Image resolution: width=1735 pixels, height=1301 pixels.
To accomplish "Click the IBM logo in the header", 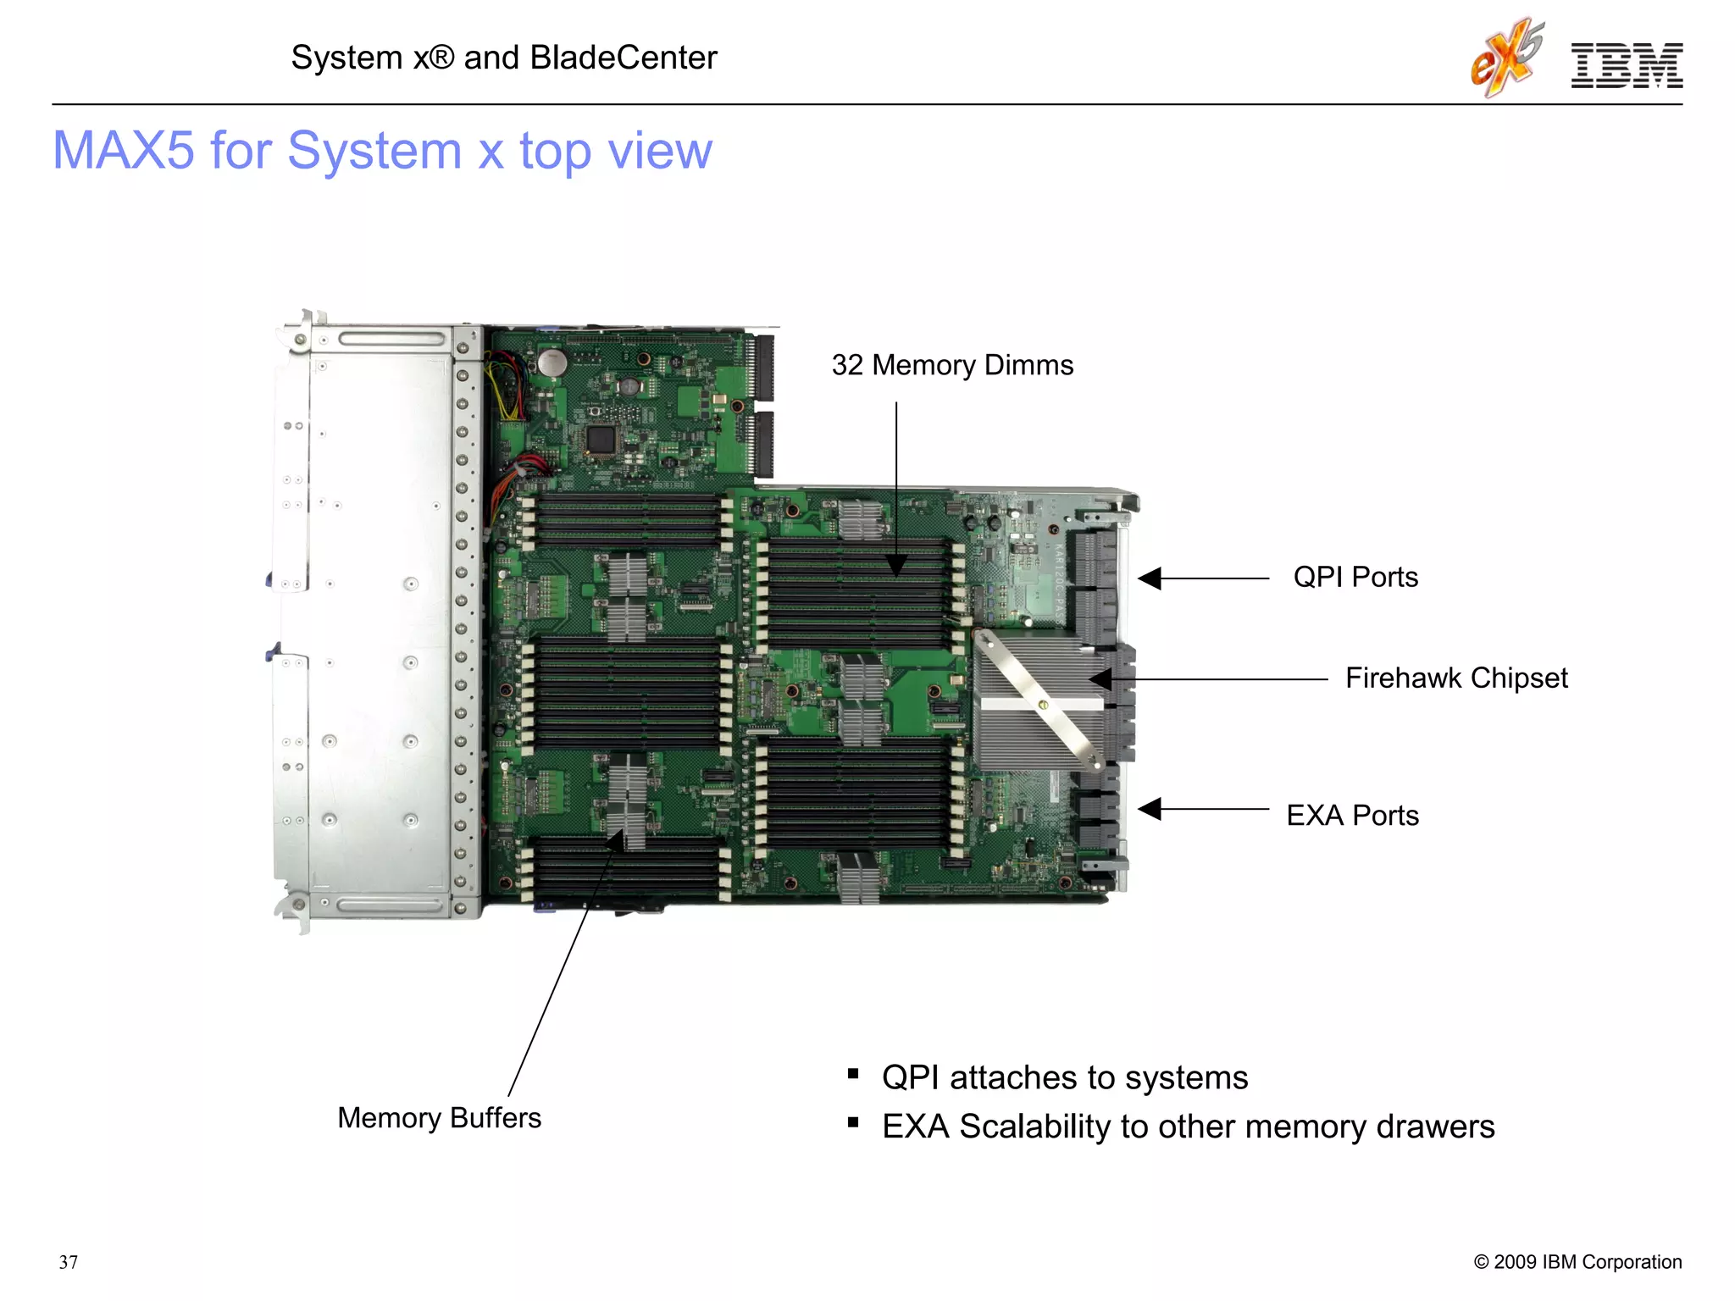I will coord(1626,66).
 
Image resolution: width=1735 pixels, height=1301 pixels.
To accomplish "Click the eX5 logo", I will coord(1507,58).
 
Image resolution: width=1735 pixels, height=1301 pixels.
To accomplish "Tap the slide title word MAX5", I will coord(124,151).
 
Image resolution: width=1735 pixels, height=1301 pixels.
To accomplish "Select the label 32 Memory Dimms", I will coord(952,365).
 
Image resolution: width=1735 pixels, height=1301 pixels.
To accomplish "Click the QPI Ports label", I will coord(1355,577).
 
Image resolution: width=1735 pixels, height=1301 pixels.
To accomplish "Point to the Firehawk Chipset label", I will coord(1455,678).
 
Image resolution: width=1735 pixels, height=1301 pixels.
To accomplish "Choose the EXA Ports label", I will coord(1352,815).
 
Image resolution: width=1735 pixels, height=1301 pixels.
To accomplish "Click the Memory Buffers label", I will coord(439,1117).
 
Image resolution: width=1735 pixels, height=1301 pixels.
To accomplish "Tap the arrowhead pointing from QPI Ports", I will coord(1149,579).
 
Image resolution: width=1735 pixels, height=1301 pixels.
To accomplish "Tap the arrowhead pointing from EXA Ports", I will coord(1149,809).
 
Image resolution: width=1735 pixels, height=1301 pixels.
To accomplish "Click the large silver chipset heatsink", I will coord(1038,703).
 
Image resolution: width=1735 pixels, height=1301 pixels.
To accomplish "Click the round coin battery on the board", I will coord(552,363).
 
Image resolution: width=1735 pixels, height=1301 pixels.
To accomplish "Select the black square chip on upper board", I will coord(601,439).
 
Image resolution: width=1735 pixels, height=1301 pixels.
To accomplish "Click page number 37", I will coord(69,1262).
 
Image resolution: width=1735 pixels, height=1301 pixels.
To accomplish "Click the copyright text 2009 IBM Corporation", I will coord(1577,1262).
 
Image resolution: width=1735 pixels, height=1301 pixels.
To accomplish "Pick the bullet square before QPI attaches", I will coord(853,1075).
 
